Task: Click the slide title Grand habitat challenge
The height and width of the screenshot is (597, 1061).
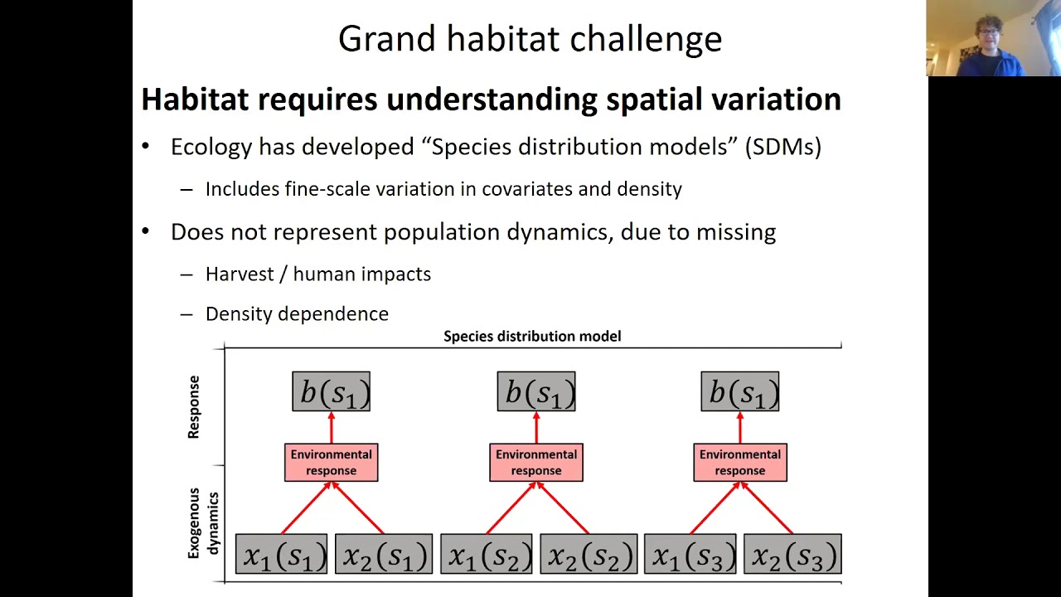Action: [530, 39]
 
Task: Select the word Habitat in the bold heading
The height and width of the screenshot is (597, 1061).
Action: [195, 99]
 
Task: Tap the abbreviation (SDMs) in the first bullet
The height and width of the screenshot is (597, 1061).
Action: [782, 147]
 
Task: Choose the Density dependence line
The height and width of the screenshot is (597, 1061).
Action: [297, 313]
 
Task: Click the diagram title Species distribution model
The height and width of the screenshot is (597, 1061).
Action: [532, 336]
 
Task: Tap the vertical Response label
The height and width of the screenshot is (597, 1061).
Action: [194, 406]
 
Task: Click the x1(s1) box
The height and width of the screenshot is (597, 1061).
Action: [282, 555]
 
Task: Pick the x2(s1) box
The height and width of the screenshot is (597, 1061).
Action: [383, 555]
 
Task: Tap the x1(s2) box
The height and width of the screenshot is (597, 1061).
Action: [487, 555]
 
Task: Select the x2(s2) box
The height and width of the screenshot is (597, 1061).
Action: [588, 555]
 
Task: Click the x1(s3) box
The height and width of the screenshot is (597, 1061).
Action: [690, 555]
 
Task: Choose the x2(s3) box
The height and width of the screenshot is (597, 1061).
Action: [792, 555]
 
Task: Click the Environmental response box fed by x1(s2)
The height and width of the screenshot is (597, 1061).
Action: [536, 463]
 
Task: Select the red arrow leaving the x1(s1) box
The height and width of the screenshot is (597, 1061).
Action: [306, 508]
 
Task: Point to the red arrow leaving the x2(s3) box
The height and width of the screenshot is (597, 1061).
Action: [767, 508]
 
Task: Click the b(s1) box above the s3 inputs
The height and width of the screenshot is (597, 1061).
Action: [740, 391]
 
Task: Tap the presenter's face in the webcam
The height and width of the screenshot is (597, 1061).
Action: [989, 38]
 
